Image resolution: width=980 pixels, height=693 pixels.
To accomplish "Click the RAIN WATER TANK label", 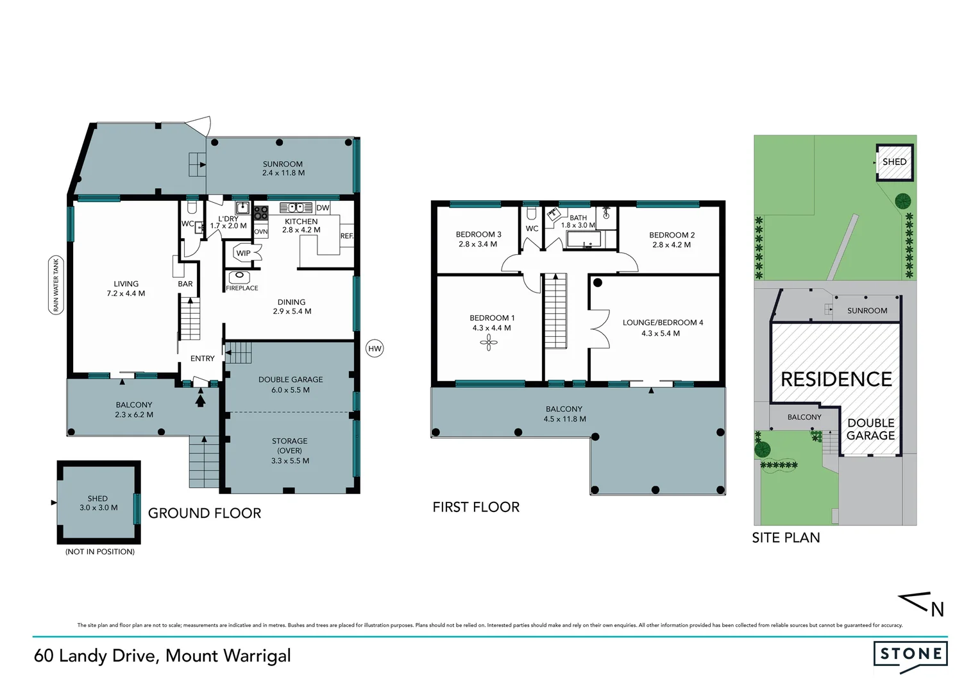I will [x=56, y=285].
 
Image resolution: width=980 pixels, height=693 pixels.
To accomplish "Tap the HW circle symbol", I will [x=375, y=348].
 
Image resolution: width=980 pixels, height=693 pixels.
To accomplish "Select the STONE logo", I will [x=911, y=655].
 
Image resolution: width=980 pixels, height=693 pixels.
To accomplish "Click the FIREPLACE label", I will [x=242, y=288].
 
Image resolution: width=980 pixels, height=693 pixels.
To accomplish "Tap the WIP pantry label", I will [x=244, y=253].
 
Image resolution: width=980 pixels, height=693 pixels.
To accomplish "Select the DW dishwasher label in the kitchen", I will [x=323, y=208].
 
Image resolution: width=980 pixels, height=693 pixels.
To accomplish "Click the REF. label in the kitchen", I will [x=346, y=236].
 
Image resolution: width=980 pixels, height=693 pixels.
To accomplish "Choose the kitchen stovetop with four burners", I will [x=260, y=212].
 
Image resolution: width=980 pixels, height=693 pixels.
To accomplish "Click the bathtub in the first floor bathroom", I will [x=584, y=240].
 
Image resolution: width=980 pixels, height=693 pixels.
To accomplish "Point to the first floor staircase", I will [x=555, y=311].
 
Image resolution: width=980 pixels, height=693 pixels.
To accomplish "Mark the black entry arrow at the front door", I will [x=200, y=400].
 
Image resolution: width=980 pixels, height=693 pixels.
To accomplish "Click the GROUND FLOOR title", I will [x=205, y=513].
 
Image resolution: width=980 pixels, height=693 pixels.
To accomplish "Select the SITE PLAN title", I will [x=786, y=538].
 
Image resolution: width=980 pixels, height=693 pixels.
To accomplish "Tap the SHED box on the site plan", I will [x=894, y=162].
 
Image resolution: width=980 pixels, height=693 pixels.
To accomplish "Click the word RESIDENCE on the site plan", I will [x=836, y=379].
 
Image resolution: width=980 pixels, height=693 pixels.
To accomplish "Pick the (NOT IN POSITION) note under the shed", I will [x=100, y=551].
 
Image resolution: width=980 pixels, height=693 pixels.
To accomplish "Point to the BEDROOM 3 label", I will [x=478, y=235].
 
